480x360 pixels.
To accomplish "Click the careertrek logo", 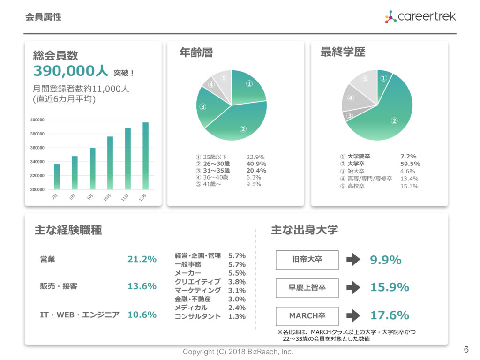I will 420,17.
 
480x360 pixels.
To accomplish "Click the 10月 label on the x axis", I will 108,197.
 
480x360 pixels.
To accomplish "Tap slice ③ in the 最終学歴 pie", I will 350,115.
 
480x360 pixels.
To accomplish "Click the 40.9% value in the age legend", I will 256,164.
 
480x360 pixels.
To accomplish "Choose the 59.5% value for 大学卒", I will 410,164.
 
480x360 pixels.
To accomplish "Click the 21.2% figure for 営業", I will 142,259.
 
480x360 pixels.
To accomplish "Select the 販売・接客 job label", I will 59,286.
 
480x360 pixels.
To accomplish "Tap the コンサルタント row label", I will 197,316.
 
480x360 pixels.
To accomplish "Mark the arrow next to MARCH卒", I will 352,315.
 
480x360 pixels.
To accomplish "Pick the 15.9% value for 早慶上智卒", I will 390,287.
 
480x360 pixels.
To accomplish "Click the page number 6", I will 466,349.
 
